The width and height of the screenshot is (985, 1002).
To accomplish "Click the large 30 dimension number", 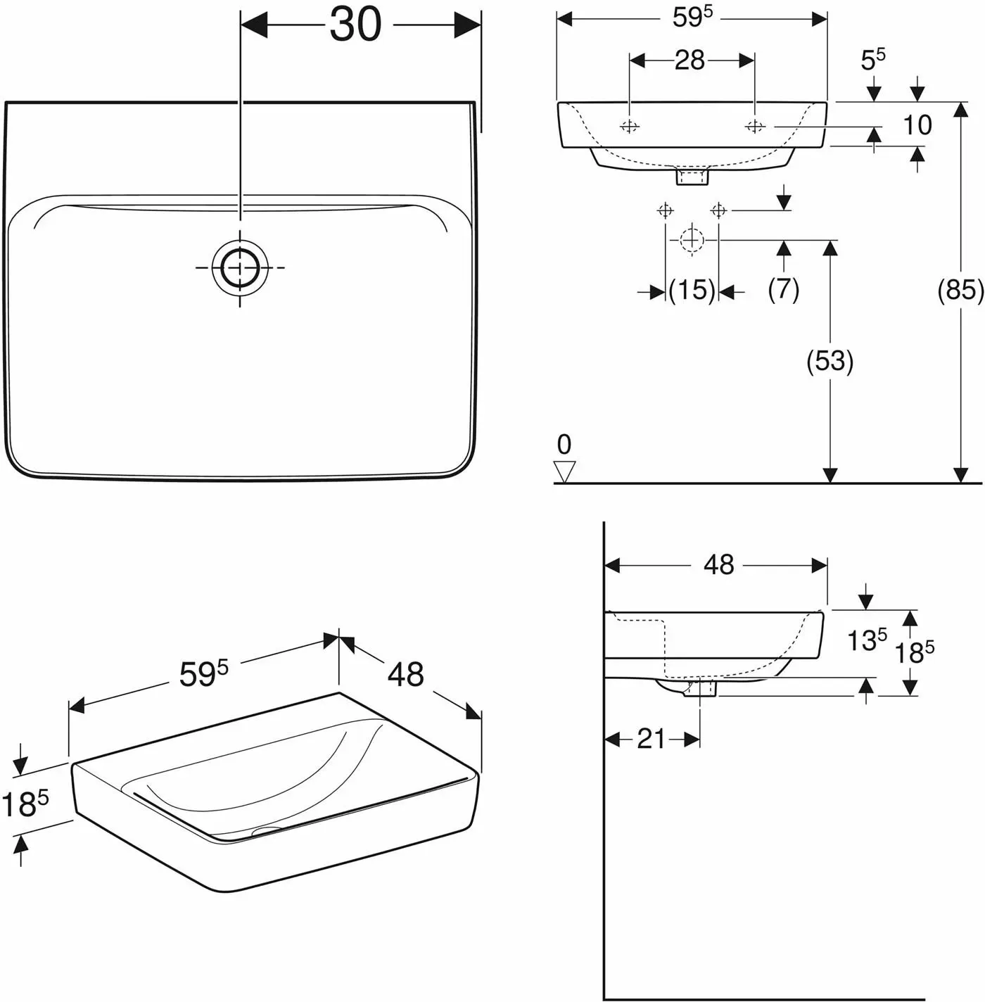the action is [356, 25].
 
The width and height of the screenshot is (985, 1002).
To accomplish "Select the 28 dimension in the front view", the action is [689, 61].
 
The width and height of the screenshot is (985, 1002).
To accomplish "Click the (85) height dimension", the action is [960, 290].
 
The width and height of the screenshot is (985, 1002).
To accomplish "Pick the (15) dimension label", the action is [692, 290].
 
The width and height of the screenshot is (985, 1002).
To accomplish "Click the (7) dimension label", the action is [783, 290].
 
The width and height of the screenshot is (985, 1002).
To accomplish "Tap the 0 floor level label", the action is [564, 445].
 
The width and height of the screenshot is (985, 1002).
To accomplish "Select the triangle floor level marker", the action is [564, 471].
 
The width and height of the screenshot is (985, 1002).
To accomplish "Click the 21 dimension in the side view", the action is [651, 739].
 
